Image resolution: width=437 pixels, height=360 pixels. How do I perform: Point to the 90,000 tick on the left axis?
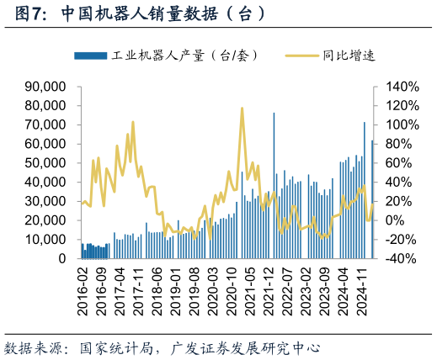tap(46, 87)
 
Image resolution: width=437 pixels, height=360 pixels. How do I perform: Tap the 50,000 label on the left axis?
tap(46, 163)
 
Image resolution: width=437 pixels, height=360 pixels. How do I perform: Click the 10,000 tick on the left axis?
tap(46, 240)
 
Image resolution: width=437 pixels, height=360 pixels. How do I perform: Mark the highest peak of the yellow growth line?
tap(242, 109)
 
